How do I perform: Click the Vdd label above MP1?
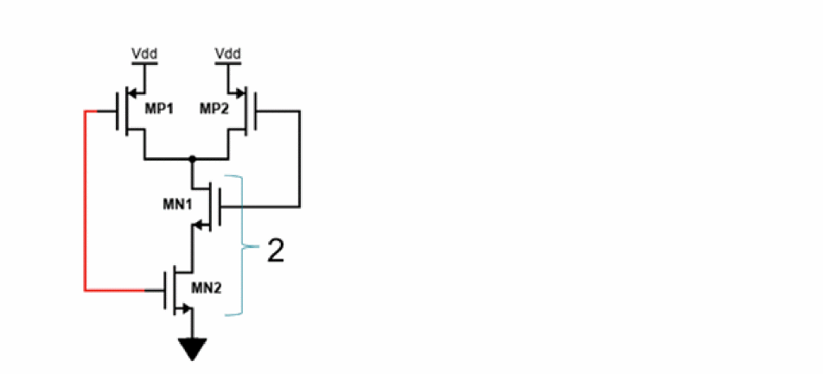coord(144,55)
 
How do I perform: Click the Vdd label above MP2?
coord(226,55)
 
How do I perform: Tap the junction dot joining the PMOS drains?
coord(193,159)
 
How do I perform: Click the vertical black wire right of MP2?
coord(299,159)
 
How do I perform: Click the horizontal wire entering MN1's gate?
coord(259,207)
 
